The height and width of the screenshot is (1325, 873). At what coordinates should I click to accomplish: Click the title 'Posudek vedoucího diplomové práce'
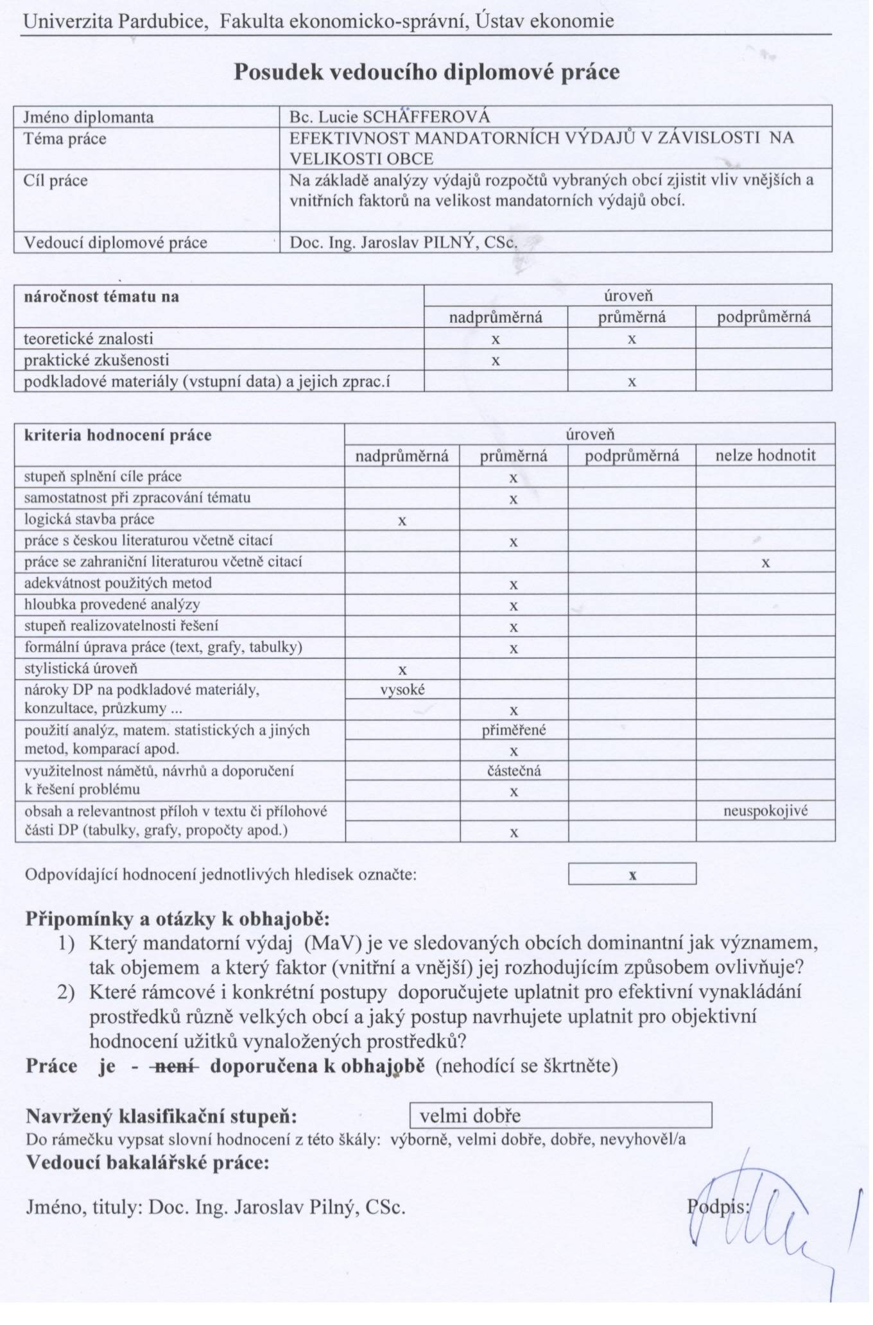point(426,72)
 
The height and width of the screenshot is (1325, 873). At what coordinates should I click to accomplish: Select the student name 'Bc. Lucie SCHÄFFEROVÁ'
point(390,117)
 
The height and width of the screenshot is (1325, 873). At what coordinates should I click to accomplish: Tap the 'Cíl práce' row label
point(56,180)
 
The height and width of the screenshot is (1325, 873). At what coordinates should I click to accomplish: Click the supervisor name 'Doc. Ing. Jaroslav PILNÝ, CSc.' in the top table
point(403,243)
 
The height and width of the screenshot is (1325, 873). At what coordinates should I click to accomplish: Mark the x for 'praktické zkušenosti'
point(496,361)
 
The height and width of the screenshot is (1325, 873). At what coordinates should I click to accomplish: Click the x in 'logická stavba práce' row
point(402,521)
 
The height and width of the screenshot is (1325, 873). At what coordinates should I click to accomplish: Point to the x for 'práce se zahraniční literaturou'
point(765,563)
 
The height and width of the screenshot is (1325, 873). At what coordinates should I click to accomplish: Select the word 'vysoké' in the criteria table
point(402,690)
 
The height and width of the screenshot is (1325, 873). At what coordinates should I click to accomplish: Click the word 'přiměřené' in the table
point(514,731)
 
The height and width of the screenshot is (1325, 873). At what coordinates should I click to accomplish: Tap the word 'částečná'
point(514,771)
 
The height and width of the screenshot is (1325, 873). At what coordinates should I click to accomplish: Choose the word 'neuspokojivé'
point(765,811)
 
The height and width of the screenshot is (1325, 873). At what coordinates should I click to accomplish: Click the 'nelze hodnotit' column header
point(765,456)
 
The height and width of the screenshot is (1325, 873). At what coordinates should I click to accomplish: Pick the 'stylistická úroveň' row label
point(81,668)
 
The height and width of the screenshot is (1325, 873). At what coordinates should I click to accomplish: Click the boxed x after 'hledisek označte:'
point(632,875)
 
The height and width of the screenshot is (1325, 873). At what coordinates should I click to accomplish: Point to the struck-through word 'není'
point(175,1066)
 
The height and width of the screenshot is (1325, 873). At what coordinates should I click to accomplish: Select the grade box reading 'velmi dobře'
point(560,1116)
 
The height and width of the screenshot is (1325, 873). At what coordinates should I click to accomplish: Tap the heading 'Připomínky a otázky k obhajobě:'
point(177,919)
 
